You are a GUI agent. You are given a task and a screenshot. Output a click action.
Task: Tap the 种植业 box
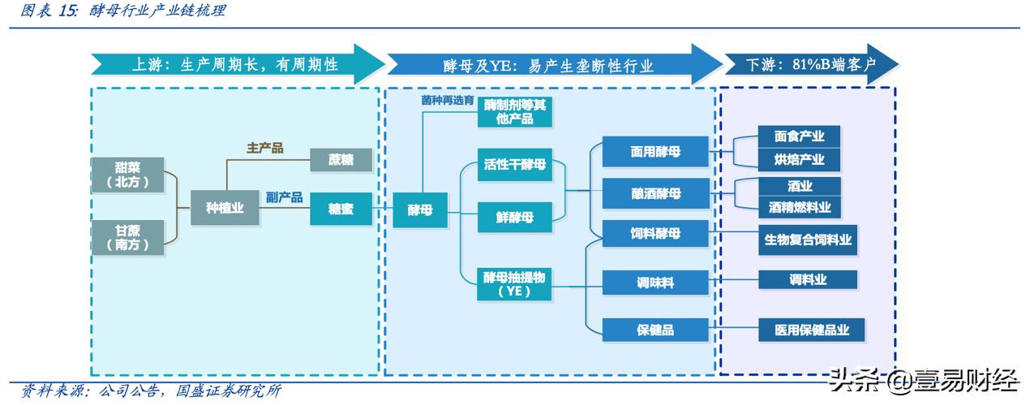217,209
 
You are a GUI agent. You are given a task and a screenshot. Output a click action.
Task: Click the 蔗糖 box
341,159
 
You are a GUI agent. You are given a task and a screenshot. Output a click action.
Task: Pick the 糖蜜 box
341,209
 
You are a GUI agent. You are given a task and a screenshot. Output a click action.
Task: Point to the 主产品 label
264,148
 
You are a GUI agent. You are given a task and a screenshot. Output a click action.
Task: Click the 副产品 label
284,197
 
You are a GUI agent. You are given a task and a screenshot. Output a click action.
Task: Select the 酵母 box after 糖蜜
419,209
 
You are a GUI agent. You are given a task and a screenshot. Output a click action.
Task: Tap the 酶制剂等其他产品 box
514,112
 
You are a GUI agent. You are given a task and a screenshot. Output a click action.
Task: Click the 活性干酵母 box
514,165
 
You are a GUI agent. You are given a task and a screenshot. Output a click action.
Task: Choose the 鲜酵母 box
514,217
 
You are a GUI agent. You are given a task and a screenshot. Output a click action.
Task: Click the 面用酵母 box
654,152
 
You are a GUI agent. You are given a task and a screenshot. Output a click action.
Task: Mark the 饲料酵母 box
654,234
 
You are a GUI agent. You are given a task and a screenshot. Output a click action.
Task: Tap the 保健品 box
654,330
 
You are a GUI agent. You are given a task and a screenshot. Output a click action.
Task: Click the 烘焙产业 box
799,159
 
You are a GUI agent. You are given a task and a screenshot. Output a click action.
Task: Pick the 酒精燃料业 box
799,207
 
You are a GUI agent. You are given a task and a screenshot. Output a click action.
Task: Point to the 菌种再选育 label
447,100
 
